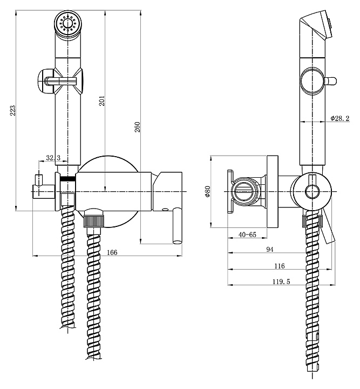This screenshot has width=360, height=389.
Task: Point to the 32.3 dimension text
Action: (x=53, y=158)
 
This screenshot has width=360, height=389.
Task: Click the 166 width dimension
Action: (x=112, y=251)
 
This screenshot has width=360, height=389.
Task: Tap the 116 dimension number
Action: (x=279, y=265)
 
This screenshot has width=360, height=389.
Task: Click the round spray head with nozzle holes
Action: (x=67, y=25)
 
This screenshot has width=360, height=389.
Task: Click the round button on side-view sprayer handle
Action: (x=312, y=81)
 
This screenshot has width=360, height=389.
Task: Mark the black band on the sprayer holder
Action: (x=67, y=179)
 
